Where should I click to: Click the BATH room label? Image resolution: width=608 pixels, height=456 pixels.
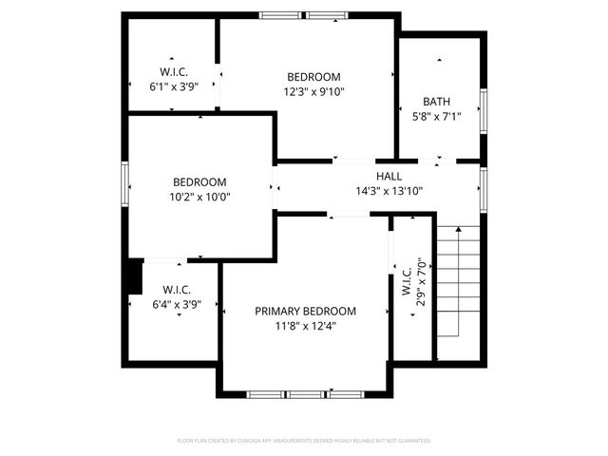(437, 102)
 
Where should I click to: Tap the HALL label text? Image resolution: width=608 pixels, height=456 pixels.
(389, 176)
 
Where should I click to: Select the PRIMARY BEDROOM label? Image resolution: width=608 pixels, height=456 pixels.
(305, 311)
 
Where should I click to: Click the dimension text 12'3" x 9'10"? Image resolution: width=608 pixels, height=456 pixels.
(313, 92)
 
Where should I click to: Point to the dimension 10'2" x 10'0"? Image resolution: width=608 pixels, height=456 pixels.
(199, 198)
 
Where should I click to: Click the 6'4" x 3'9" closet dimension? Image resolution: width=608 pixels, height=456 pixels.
(178, 304)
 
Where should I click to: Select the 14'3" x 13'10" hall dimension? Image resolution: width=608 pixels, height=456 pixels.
(389, 190)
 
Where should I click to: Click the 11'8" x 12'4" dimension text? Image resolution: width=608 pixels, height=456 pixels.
(305, 326)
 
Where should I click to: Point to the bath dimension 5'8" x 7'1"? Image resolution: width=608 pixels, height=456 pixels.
(437, 117)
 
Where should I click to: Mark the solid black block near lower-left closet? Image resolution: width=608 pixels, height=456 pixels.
(135, 277)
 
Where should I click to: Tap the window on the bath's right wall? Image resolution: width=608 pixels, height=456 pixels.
(484, 109)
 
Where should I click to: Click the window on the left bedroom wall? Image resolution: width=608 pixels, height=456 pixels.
(124, 182)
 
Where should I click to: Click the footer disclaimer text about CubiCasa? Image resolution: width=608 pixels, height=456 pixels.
(304, 441)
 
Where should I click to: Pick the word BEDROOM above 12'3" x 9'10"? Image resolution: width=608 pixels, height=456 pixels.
(313, 77)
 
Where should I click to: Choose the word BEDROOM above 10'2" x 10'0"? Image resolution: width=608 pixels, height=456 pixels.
(199, 182)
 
